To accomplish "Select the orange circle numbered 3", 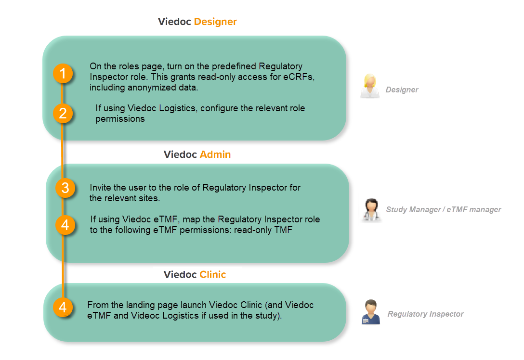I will click(65, 188).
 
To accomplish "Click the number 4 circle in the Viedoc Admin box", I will click(65, 225).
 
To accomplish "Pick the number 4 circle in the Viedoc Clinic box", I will click(63, 307).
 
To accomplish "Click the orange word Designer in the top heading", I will click(215, 22).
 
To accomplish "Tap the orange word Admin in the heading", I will click(215, 154).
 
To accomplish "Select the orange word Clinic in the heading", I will click(212, 275).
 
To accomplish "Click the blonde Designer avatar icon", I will click(370, 86).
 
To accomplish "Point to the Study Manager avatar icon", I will click(371, 210).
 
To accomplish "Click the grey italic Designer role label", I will click(402, 90).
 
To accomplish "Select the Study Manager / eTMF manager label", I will click(443, 210).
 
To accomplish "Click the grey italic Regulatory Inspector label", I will click(425, 314).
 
